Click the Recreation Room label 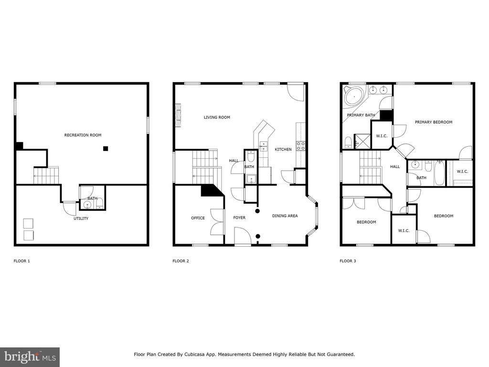click(x=83, y=135)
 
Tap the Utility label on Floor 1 click(x=81, y=218)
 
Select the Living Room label click(x=217, y=118)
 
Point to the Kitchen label click(x=283, y=150)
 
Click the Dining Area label click(x=285, y=216)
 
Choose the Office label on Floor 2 click(x=198, y=218)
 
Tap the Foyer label click(x=239, y=217)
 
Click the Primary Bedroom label click(x=434, y=122)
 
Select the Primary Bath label click(x=361, y=115)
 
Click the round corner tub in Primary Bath click(x=354, y=96)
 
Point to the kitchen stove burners click(x=301, y=146)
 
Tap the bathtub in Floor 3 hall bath click(x=439, y=173)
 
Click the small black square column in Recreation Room click(x=106, y=149)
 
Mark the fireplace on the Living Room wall click(x=178, y=115)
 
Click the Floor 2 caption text click(x=181, y=261)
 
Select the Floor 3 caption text click(x=348, y=261)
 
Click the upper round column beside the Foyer click(x=257, y=211)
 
